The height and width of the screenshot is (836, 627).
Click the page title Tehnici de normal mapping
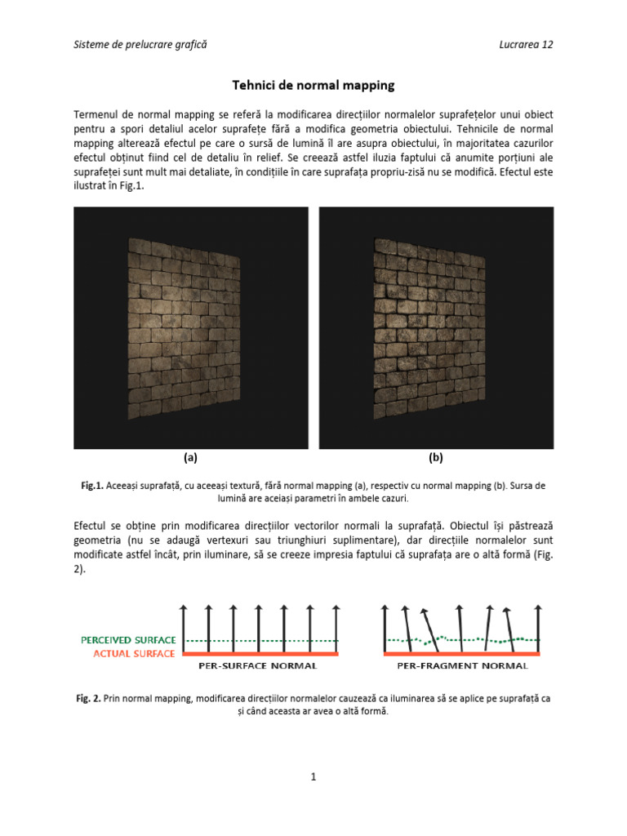pyautogui.click(x=314, y=85)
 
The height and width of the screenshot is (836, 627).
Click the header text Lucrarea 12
pyautogui.click(x=526, y=44)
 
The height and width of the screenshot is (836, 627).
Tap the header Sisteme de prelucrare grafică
pyautogui.click(x=140, y=44)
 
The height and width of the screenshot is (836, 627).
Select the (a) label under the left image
pyautogui.click(x=190, y=458)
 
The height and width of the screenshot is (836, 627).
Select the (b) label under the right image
pyautogui.click(x=436, y=458)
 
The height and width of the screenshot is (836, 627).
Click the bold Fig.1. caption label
pyautogui.click(x=91, y=485)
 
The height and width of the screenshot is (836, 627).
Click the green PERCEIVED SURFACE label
pyautogui.click(x=128, y=640)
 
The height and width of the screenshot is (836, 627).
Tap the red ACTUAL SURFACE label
pyautogui.click(x=134, y=653)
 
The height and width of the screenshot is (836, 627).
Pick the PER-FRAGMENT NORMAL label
pyautogui.click(x=462, y=666)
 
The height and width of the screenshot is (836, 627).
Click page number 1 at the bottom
pyautogui.click(x=313, y=777)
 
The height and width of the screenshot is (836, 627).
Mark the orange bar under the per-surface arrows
pyautogui.click(x=259, y=653)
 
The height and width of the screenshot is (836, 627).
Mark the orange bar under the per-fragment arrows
pyautogui.click(x=461, y=653)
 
